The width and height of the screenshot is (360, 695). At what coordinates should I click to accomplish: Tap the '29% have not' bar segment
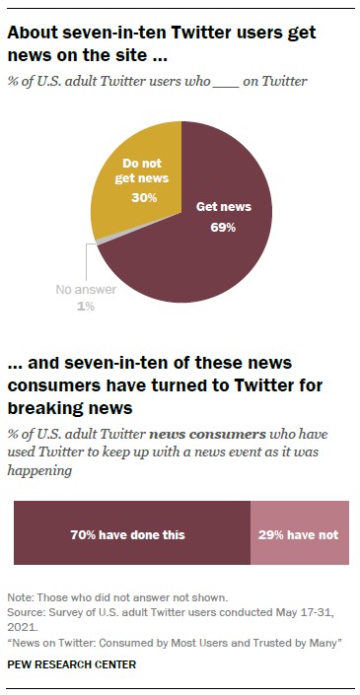tap(298, 534)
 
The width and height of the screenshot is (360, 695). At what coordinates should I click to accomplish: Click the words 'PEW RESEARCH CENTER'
tap(72, 664)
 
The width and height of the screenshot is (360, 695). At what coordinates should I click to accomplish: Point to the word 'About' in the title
tap(32, 32)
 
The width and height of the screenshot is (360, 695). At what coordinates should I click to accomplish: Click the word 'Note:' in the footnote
tap(20, 598)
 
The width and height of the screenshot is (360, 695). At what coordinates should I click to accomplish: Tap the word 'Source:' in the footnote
tap(25, 611)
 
